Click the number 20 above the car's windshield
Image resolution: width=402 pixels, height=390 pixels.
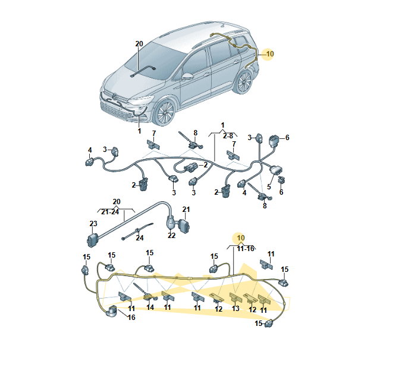pos(139,44)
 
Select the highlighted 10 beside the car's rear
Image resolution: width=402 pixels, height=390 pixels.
pos(270,54)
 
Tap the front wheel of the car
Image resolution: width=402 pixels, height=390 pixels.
pos(164,112)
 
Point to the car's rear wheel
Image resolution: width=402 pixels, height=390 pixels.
pos(244,82)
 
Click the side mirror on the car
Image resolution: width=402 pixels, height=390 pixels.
pos(187,76)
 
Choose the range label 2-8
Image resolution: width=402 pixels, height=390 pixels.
pos(228,135)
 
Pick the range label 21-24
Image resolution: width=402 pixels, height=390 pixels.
pos(110,212)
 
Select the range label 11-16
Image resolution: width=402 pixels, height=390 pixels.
pos(246,249)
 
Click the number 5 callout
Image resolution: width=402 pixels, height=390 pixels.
pos(269,186)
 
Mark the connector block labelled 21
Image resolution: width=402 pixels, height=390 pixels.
pos(185,226)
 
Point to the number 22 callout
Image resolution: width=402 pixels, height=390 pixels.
pos(171,236)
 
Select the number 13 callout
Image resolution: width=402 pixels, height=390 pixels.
pos(235,309)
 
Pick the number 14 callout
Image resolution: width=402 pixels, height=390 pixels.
pos(150,307)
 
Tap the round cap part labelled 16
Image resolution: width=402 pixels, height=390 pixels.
pos(112,310)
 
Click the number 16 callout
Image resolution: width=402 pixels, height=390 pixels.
pos(131,318)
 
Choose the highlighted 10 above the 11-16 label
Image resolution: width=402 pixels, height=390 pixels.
pos(240,238)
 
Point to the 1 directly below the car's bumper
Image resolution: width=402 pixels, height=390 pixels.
pos(139,131)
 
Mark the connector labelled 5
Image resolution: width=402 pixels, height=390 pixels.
pos(275,170)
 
